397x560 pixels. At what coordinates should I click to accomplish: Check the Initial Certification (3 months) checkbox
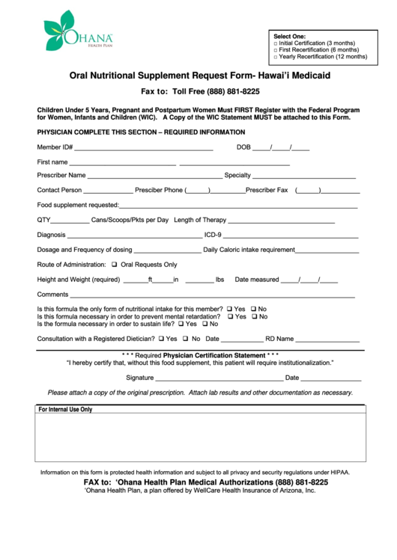point(276,43)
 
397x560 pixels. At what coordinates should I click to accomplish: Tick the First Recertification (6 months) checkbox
point(276,50)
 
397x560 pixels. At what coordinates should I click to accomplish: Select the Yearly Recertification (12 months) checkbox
point(276,57)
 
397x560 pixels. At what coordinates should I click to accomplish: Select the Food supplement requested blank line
point(238,206)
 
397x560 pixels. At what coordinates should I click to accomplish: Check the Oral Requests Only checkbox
point(115,265)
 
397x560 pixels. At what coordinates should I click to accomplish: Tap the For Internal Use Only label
point(66,410)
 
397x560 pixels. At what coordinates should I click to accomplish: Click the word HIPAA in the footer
point(340,473)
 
